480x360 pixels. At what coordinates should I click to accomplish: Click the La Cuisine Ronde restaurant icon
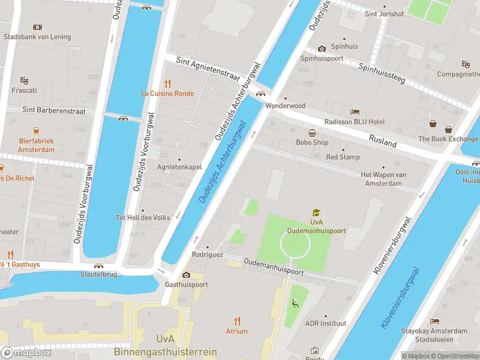(168, 83)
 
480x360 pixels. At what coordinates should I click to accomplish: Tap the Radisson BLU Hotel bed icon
(355, 112)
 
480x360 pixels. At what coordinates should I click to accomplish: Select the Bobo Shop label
(312, 142)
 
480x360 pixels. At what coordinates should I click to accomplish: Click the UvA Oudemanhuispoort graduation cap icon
(316, 212)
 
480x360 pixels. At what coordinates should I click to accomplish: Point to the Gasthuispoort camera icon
(186, 275)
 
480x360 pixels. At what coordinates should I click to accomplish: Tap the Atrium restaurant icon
(237, 321)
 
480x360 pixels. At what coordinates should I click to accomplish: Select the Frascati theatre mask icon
(24, 80)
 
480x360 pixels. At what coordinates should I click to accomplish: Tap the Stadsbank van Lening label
(37, 37)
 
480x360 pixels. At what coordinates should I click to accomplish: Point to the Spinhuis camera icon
(322, 49)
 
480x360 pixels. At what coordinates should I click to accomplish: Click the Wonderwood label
(286, 106)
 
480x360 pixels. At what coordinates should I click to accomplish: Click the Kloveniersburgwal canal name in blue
(400, 298)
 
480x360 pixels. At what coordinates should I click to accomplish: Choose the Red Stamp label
(343, 157)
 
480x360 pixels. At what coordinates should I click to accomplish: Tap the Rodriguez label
(208, 254)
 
